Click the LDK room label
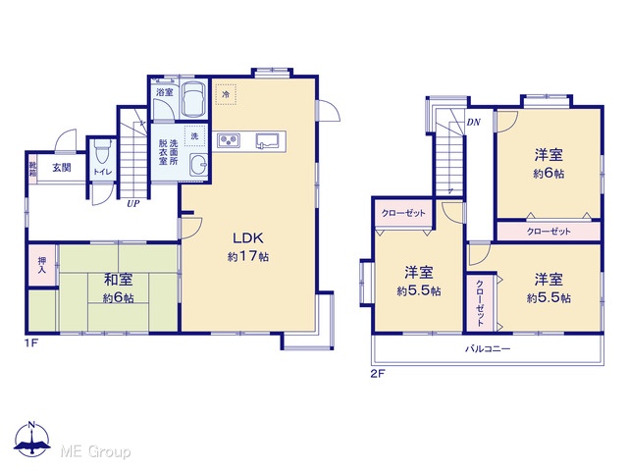(248, 238)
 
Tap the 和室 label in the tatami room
(118, 280)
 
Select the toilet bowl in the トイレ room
(102, 151)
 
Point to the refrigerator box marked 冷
(226, 94)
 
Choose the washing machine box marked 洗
(194, 135)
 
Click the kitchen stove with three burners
(229, 140)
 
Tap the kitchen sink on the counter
(267, 140)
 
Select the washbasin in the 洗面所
(198, 164)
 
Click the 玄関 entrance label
(62, 168)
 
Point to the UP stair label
(133, 203)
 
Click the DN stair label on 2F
(474, 122)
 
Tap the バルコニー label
(488, 349)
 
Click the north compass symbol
(32, 439)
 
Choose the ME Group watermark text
(95, 451)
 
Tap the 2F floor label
(377, 374)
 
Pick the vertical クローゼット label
(480, 303)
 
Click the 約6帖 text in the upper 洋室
(549, 174)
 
